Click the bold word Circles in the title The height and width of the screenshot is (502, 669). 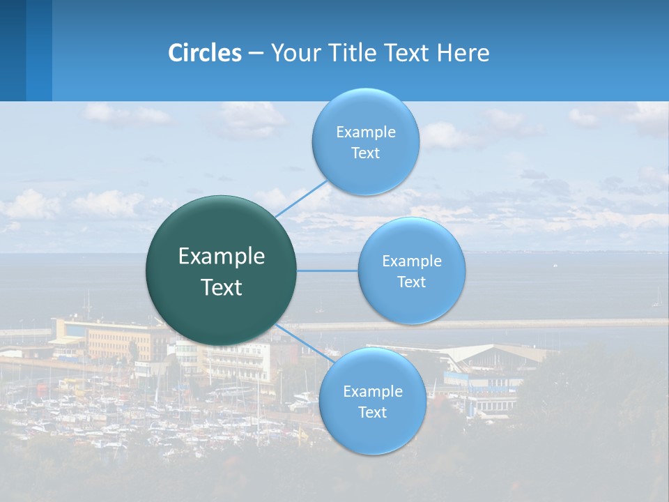click(205, 53)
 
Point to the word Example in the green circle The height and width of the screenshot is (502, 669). click(222, 257)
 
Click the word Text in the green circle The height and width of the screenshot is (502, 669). click(222, 287)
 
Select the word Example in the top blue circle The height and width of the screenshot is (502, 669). click(366, 132)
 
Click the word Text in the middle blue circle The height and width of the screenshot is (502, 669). click(412, 282)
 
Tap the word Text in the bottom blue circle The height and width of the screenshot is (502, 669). click(373, 412)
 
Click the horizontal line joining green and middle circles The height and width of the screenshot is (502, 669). click(328, 271)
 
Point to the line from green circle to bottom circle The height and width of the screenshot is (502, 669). click(303, 342)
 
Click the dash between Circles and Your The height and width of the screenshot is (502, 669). click(256, 53)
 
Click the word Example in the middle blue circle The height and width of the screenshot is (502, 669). click(412, 261)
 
